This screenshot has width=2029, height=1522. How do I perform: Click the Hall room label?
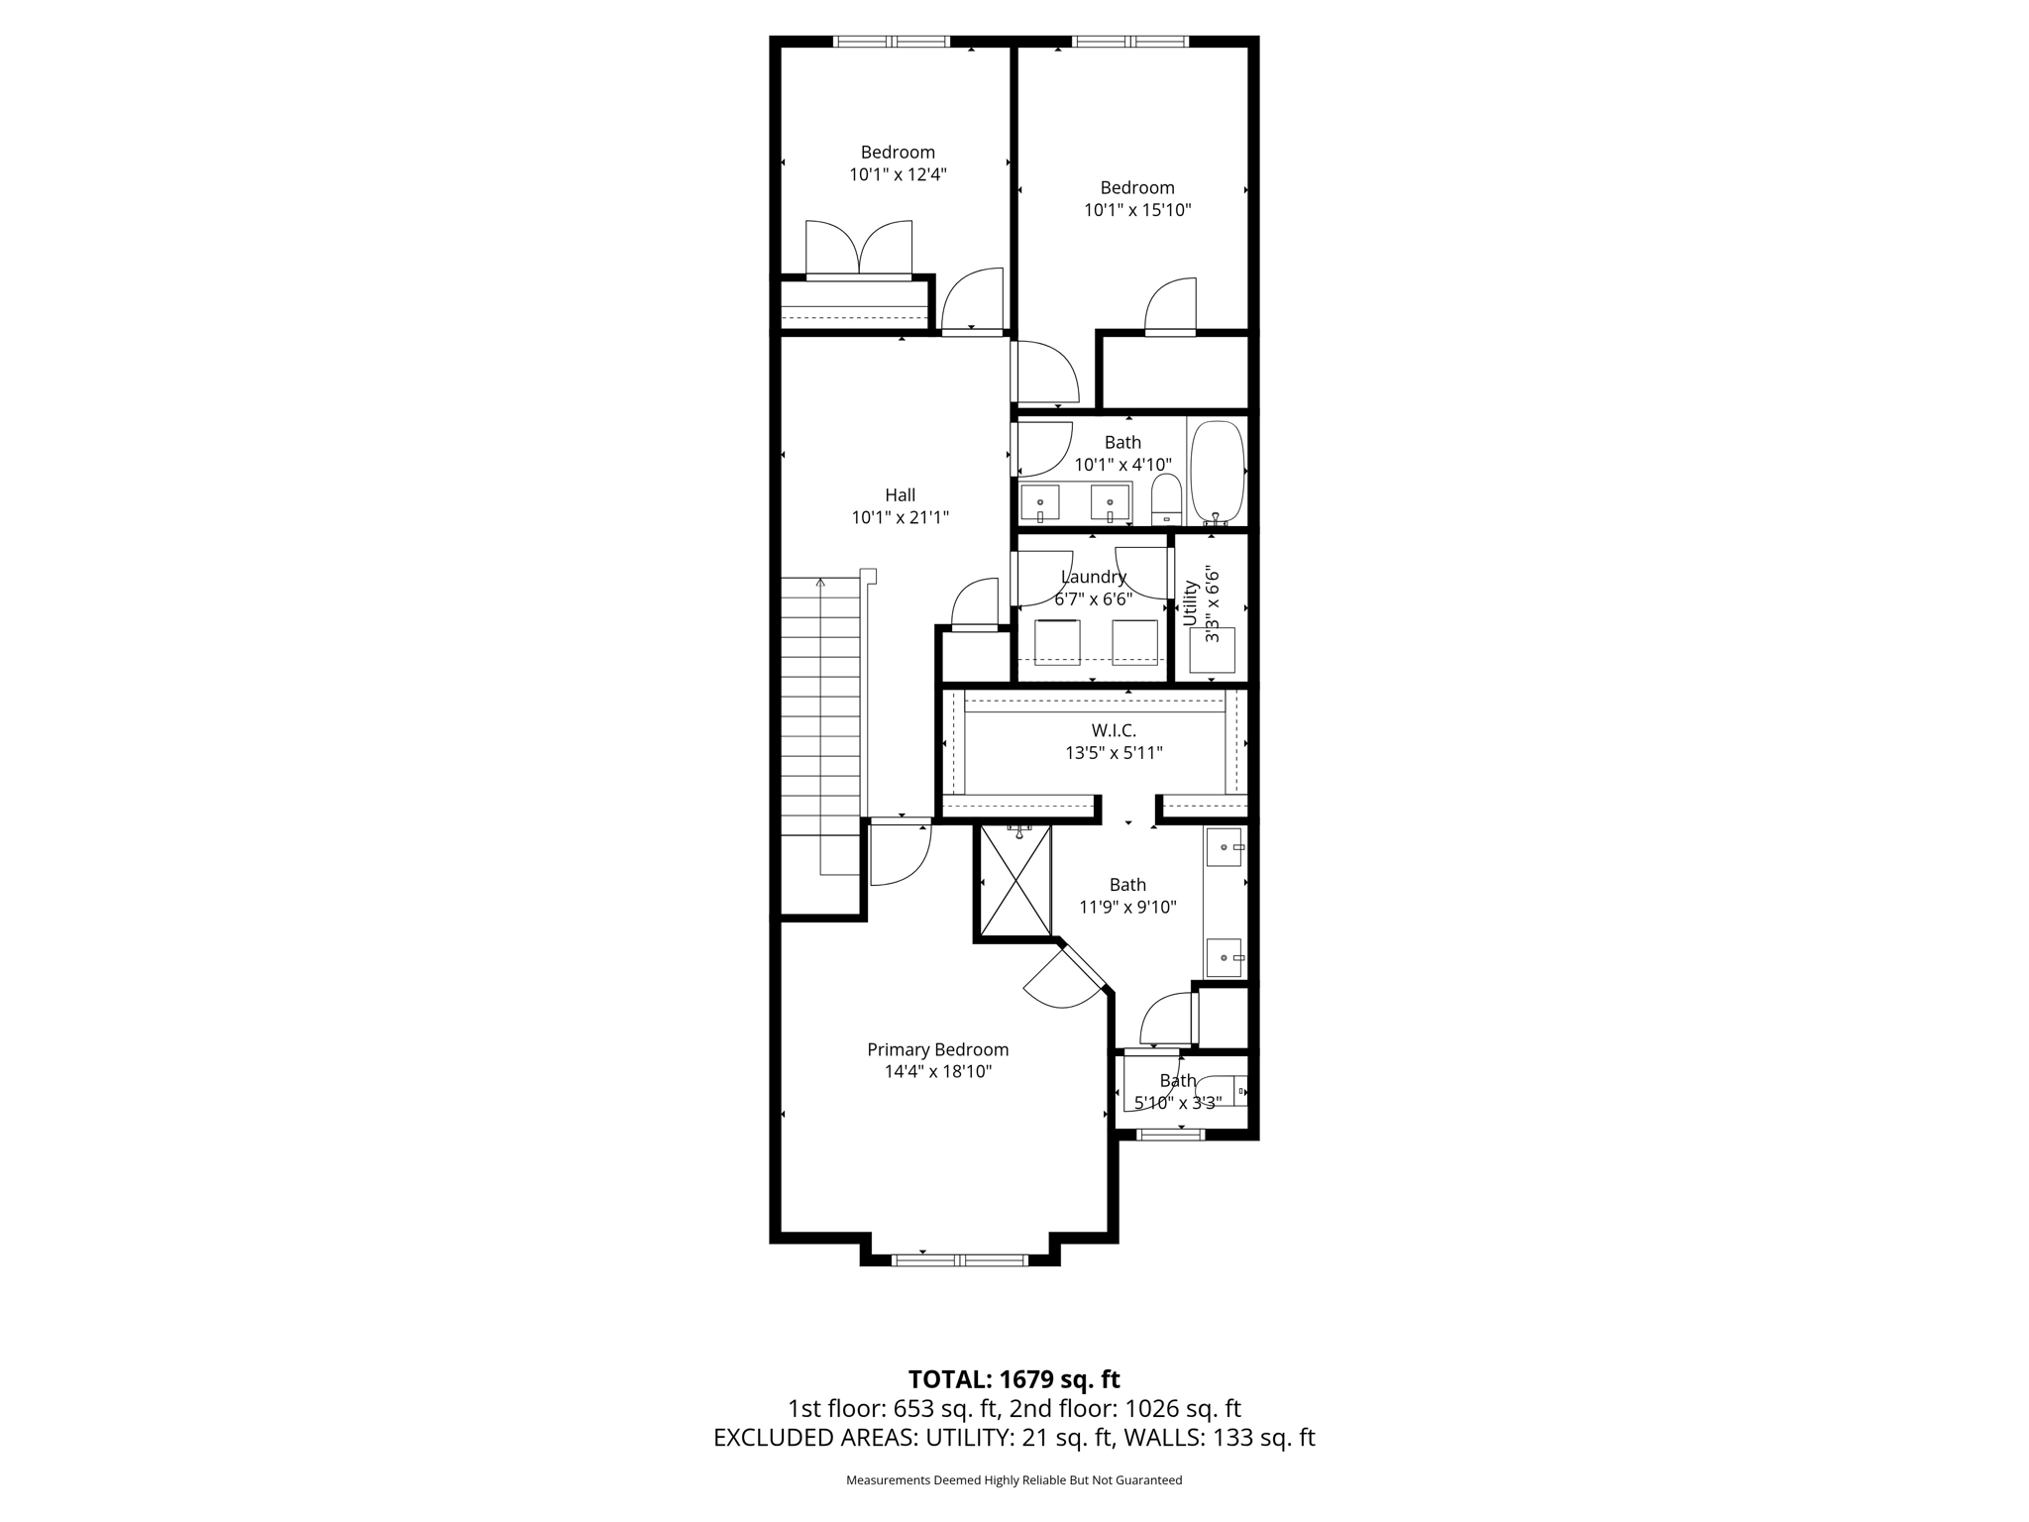click(900, 495)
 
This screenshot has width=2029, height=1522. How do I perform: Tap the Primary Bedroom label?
click(937, 1049)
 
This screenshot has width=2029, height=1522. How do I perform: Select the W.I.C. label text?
click(1114, 730)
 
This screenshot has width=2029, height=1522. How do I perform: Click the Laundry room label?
click(1094, 577)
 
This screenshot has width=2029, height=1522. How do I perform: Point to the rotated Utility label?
click(1191, 602)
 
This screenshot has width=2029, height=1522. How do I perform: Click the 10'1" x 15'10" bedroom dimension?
click(1137, 210)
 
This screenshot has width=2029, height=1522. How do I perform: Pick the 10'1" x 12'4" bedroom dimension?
click(898, 174)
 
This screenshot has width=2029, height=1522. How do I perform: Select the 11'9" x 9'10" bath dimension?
click(1127, 907)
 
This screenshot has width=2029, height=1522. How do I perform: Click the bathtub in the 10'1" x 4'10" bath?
click(1217, 471)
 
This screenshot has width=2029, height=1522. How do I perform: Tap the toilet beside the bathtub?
click(1167, 499)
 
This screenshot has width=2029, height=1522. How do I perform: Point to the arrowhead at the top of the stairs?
click(820, 583)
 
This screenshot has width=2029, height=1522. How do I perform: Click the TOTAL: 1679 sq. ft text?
click(1014, 1379)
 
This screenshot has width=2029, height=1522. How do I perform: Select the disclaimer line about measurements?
click(1014, 1480)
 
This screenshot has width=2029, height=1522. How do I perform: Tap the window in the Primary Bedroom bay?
click(959, 1259)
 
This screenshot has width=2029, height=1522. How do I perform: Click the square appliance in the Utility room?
click(1212, 650)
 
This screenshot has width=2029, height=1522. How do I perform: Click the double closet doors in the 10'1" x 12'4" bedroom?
click(858, 250)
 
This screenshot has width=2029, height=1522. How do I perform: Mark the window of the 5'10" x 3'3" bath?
click(1170, 1135)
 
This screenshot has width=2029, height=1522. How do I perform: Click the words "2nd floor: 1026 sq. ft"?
click(1125, 1409)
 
